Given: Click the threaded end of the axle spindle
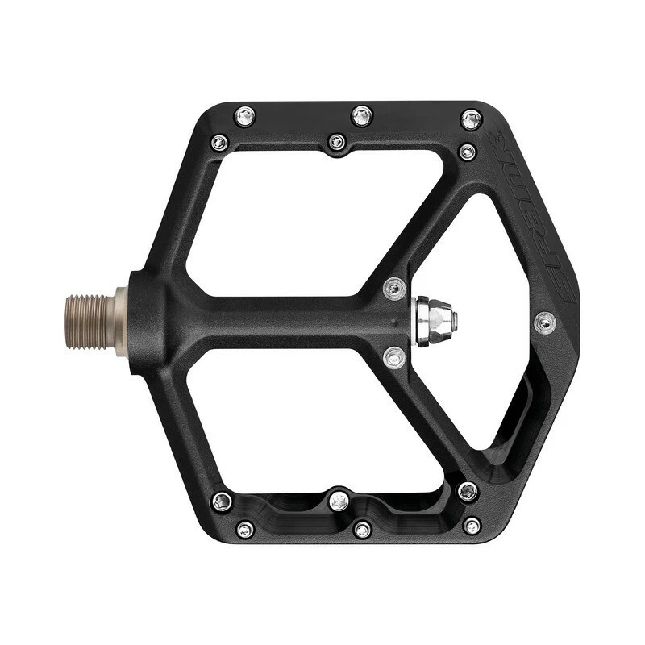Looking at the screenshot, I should point(88,322).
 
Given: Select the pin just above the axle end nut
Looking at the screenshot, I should point(394,288).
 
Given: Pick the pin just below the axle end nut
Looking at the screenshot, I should point(394,356).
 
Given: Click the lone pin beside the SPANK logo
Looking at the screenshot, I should point(545,323).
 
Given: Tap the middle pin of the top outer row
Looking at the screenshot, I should point(362,116).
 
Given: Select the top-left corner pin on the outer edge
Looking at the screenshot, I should point(245,116).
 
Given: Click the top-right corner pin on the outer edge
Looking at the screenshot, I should point(472,119).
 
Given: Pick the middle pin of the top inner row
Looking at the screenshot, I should point(337,142).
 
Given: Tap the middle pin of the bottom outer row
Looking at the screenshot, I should point(362,529).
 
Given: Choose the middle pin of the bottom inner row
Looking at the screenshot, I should point(339,500).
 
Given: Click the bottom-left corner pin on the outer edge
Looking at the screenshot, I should point(245,529).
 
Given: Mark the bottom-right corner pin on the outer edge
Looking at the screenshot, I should point(472,526).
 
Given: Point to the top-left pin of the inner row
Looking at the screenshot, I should point(219,144).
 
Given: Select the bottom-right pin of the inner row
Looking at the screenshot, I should point(468,490).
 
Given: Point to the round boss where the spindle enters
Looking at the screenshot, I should point(145,318).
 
